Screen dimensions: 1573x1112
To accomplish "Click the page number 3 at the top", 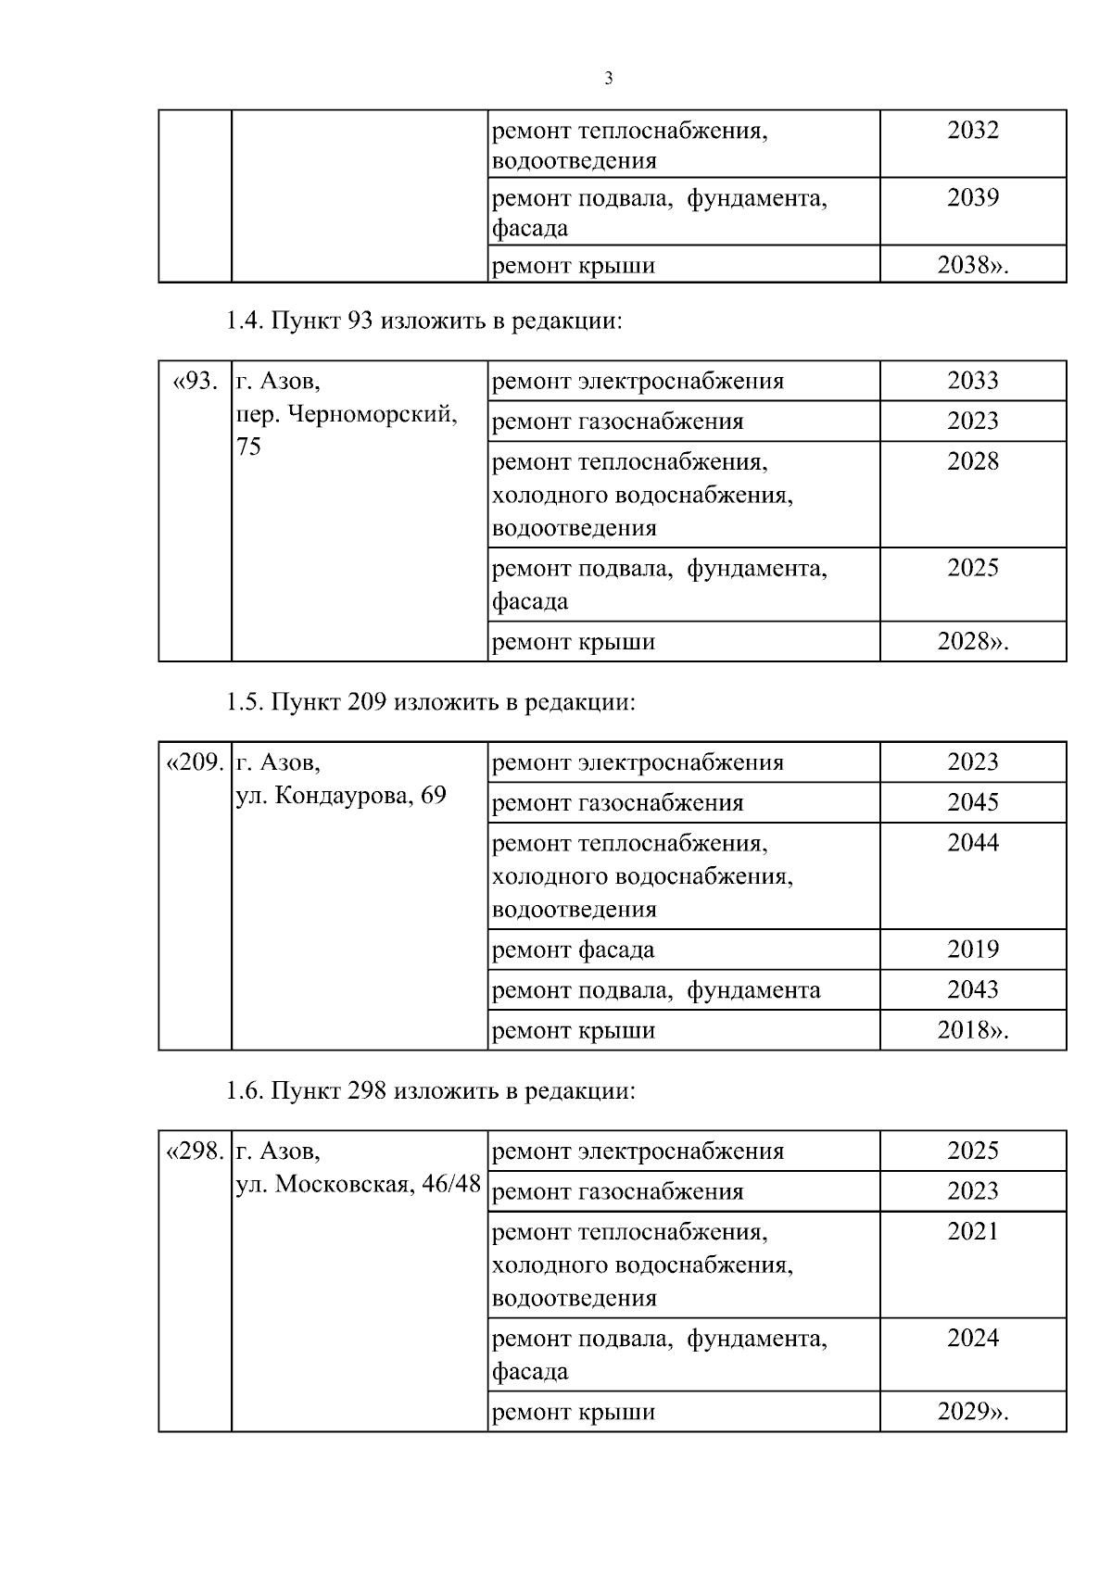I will click(x=608, y=79).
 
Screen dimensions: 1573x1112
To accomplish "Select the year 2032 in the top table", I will click(x=972, y=131).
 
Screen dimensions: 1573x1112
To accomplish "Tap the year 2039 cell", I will click(x=972, y=197).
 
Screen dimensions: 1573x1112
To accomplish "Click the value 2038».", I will click(x=972, y=266).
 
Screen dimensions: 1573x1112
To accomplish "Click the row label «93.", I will click(x=196, y=381).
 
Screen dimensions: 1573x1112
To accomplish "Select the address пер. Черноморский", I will click(x=347, y=414).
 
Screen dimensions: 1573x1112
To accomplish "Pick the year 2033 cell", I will click(x=972, y=381).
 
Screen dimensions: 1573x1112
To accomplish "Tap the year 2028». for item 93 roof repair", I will click(x=972, y=641).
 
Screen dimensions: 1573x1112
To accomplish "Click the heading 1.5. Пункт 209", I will click(x=430, y=702).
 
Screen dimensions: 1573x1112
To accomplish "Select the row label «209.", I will click(x=196, y=762).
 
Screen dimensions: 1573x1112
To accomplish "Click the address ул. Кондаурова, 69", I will click(x=341, y=795).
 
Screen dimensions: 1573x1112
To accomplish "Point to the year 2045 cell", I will click(x=972, y=802).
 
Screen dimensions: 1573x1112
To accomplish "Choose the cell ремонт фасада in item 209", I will click(x=573, y=950).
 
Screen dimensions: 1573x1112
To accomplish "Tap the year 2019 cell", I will click(x=972, y=950).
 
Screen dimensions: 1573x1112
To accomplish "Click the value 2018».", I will click(x=972, y=1030).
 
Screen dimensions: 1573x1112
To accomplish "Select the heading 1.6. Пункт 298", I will click(x=430, y=1090).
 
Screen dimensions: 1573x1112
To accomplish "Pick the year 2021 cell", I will click(x=972, y=1231).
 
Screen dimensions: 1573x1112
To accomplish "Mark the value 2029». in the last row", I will click(x=972, y=1412).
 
